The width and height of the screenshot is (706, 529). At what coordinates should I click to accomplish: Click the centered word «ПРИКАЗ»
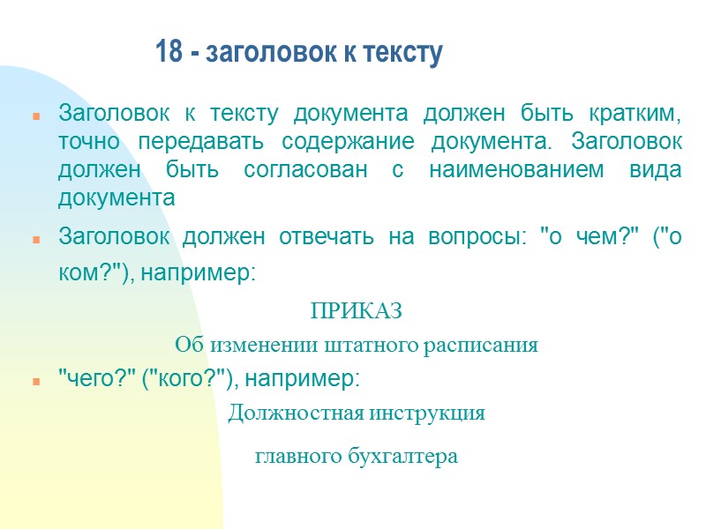tap(356, 312)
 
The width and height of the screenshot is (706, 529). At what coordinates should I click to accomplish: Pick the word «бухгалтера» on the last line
tap(402, 457)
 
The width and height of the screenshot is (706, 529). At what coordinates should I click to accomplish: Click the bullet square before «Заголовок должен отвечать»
tap(37, 240)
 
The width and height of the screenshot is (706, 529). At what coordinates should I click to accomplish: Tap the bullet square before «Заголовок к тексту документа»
tap(37, 115)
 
